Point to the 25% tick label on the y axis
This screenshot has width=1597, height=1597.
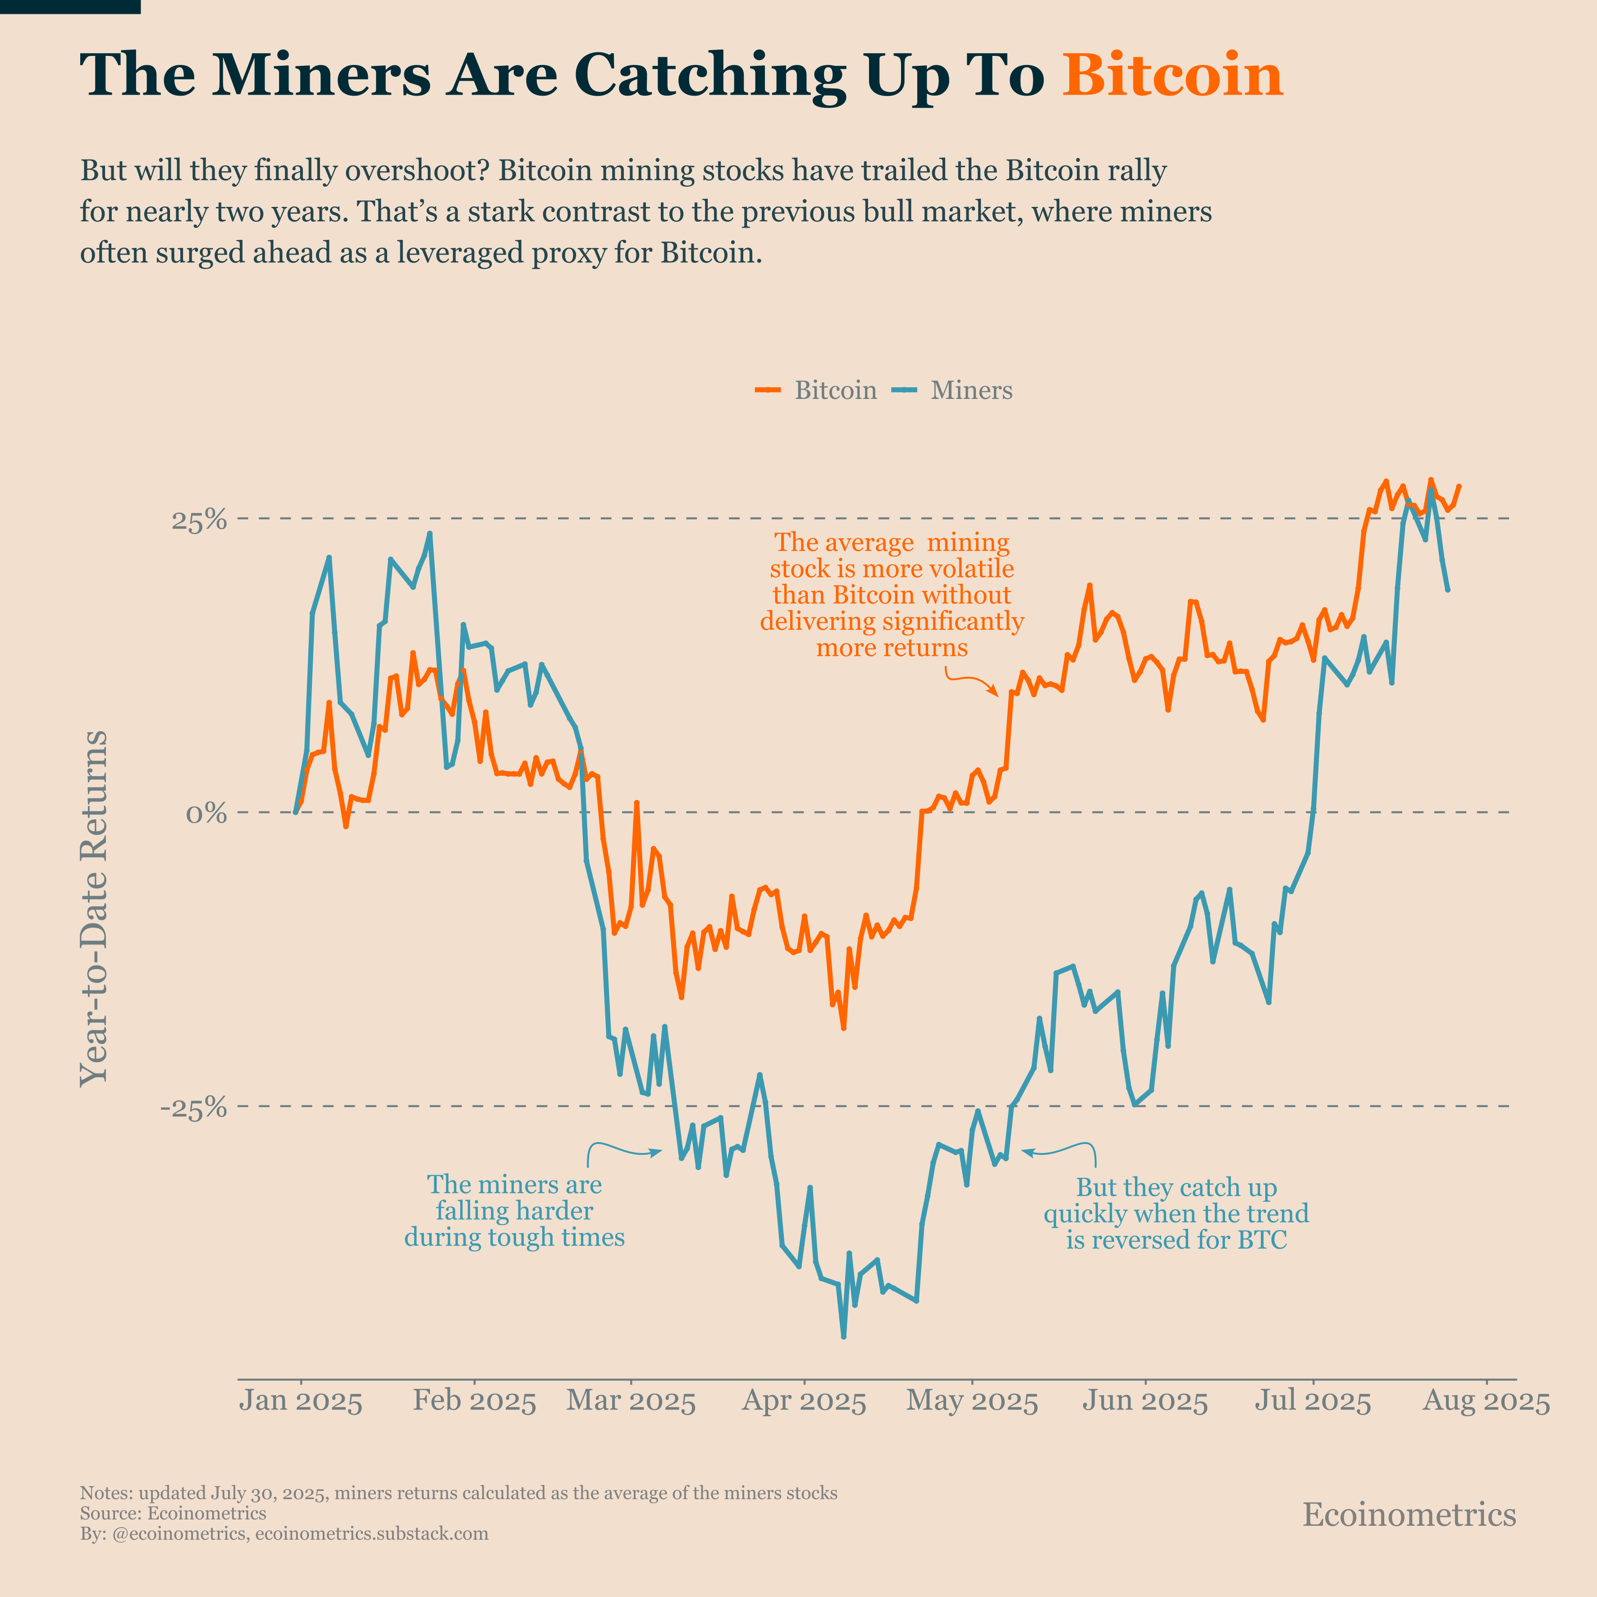click(198, 520)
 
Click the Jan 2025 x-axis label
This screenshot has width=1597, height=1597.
click(301, 1402)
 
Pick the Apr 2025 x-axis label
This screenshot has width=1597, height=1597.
click(804, 1402)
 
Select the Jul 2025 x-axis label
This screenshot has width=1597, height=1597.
click(1313, 1402)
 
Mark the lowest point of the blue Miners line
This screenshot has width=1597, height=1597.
click(843, 1336)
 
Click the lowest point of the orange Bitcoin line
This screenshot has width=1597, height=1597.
click(843, 1028)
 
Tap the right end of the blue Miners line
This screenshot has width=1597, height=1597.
click(1447, 590)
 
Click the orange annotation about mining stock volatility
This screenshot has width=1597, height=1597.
click(891, 595)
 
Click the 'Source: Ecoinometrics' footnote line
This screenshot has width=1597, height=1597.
click(173, 1514)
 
